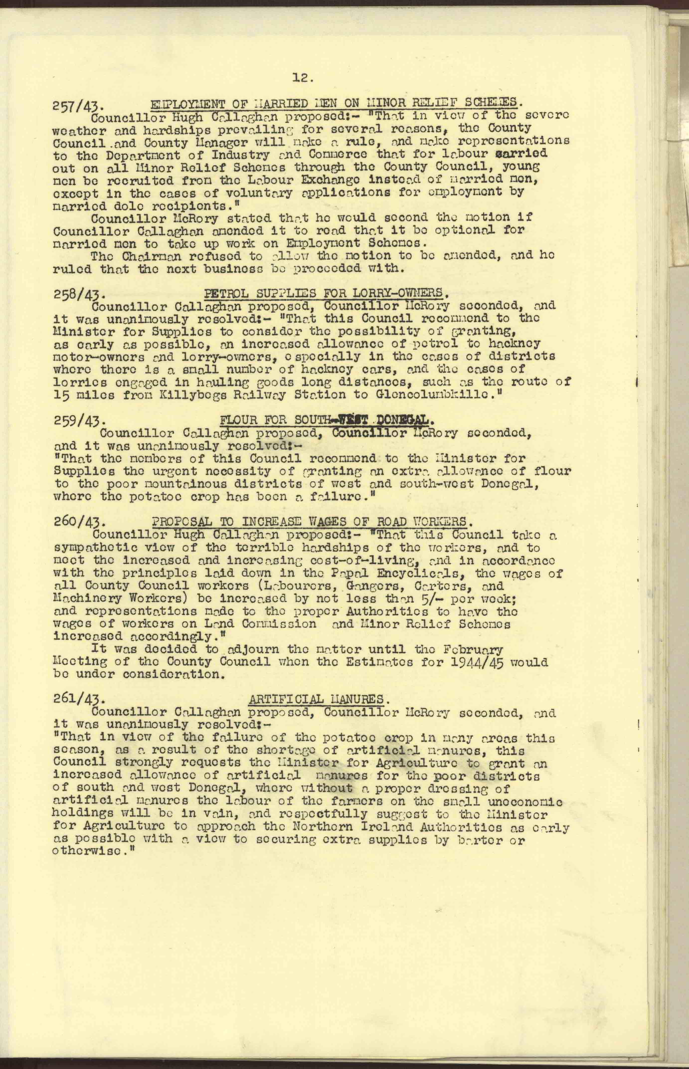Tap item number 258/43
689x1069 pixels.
[x=79, y=295]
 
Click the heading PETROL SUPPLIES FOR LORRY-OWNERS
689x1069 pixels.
[x=326, y=293]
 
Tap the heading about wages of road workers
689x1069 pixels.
[x=312, y=522]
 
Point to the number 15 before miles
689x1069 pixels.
[x=60, y=395]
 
